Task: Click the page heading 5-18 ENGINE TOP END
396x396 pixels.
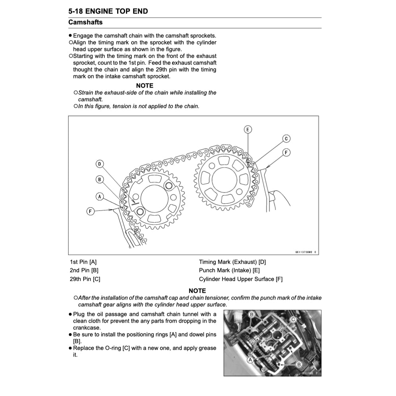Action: coord(108,11)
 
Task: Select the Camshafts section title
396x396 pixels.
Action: coord(85,22)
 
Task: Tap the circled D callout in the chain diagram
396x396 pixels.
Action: coord(100,164)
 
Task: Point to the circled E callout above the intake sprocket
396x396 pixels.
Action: coord(248,129)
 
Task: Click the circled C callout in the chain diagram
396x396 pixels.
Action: coord(286,139)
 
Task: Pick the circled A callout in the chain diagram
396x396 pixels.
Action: coord(100,196)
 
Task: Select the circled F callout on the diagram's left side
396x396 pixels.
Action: coord(90,211)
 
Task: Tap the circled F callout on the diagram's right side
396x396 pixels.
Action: coord(286,153)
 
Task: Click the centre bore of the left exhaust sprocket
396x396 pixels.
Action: coord(155,199)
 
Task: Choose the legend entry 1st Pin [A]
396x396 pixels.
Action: coord(83,262)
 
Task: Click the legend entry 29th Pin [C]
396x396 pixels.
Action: coord(85,279)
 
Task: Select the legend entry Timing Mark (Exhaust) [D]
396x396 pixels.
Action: coord(232,262)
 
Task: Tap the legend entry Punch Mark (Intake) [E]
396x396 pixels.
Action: coord(229,271)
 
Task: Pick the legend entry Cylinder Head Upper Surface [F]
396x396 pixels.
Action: coord(241,279)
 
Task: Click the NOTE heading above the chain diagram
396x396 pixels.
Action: coord(144,86)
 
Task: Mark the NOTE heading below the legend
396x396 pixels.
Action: coord(197,291)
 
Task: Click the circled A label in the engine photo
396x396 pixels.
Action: coord(251,359)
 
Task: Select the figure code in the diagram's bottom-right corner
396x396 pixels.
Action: coord(306,252)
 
